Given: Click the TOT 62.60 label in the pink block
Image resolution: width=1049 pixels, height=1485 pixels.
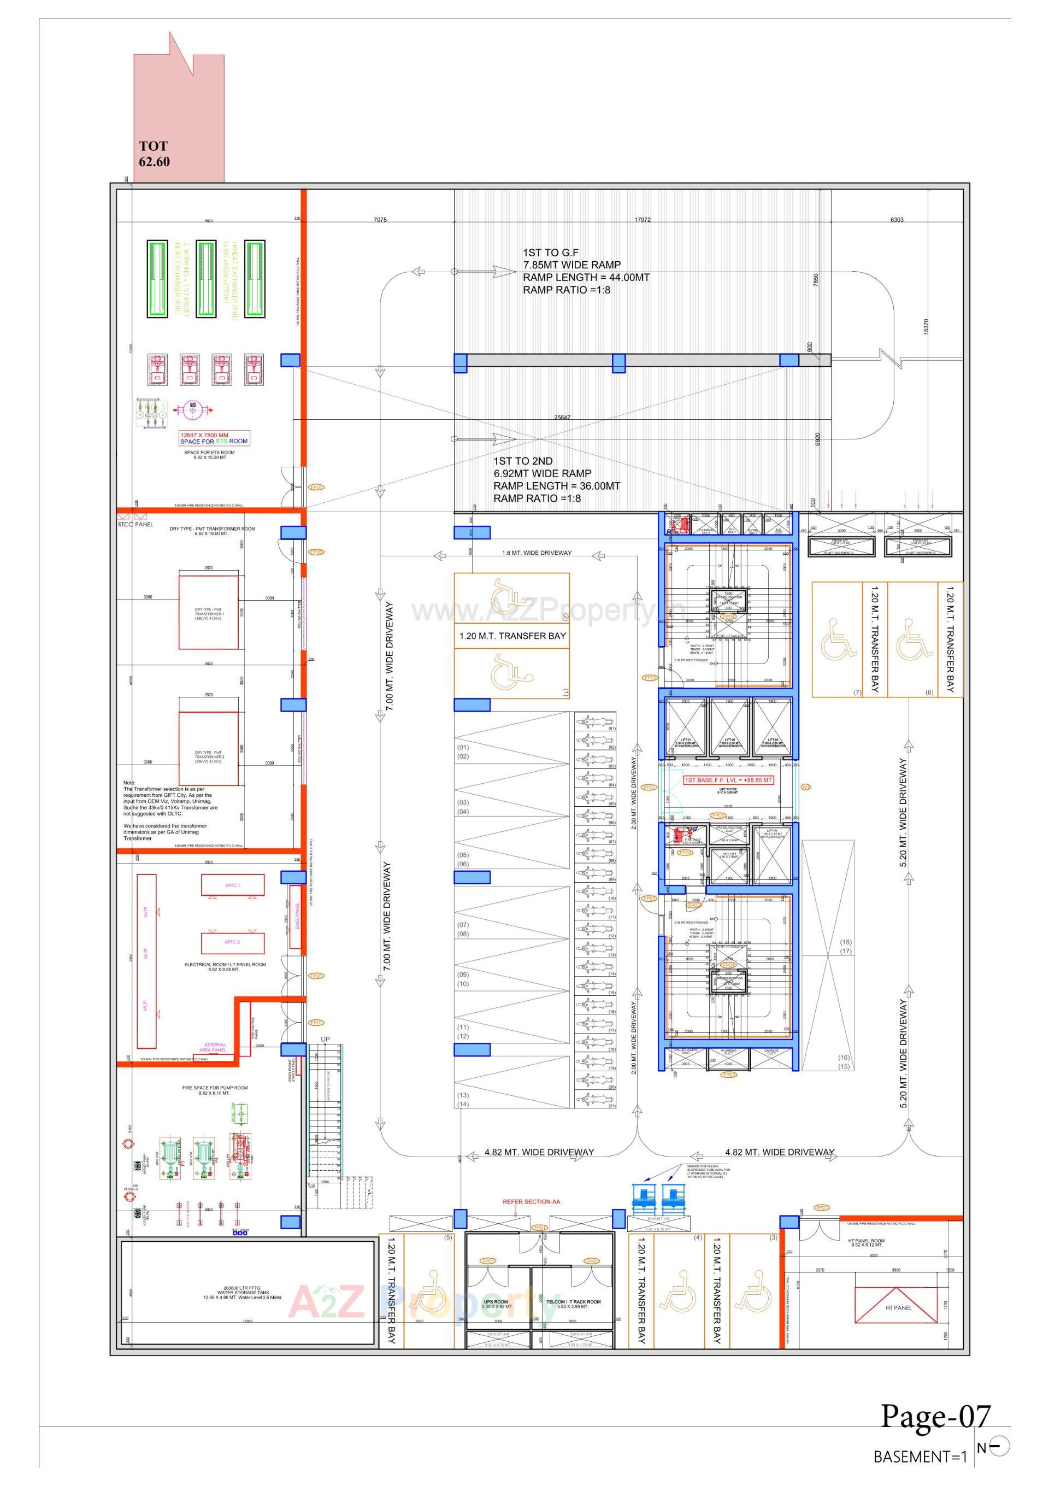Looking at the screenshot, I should [154, 154].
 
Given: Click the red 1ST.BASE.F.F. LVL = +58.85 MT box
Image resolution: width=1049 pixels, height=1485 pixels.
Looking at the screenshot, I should [728, 780].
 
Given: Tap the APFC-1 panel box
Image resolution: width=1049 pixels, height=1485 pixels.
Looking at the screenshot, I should [233, 885].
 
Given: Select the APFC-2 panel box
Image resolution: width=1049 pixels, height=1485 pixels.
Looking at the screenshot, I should [233, 942].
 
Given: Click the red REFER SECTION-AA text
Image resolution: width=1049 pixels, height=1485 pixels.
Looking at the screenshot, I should [531, 1202].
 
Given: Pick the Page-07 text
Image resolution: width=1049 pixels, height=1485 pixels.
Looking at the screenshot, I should [935, 1417].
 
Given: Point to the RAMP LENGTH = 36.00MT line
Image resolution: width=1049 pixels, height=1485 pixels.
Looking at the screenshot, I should [556, 486].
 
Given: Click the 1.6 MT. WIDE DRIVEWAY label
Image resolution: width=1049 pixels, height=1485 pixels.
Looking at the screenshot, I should [537, 553].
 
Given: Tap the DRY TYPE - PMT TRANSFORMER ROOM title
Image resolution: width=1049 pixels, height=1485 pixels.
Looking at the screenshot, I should [212, 529].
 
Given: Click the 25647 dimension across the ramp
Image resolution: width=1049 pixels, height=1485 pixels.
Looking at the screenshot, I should [562, 417].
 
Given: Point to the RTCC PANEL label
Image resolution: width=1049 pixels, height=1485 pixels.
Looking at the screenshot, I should [136, 525].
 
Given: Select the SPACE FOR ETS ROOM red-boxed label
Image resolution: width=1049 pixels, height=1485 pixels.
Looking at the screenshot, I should [214, 438].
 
